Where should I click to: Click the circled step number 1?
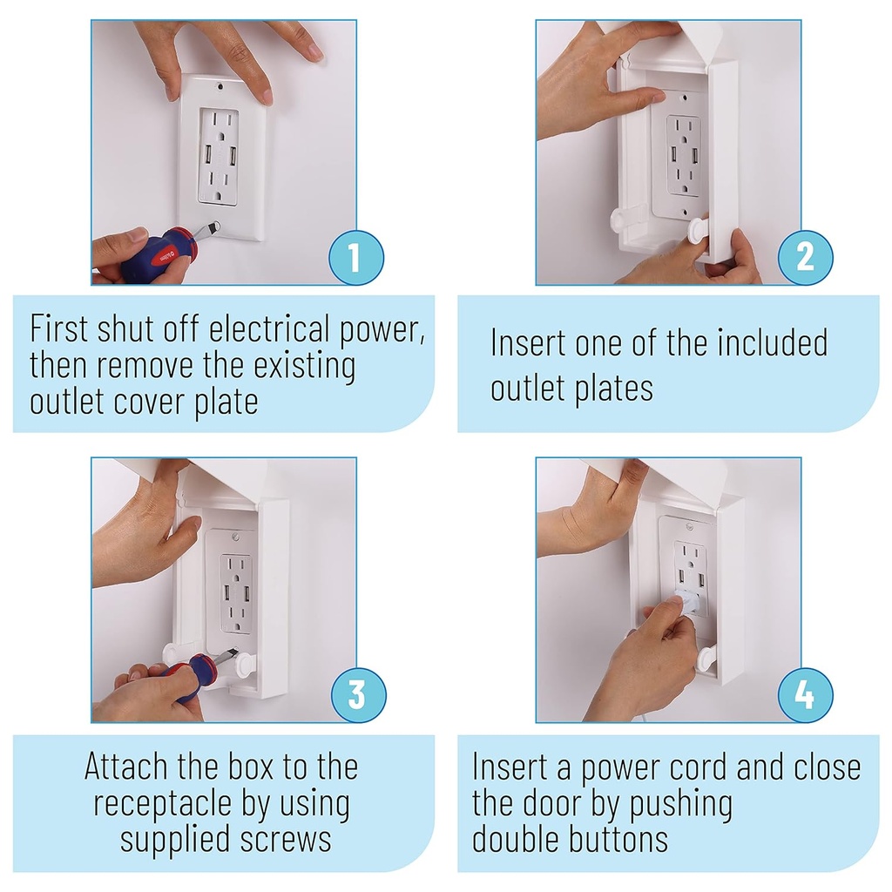pos(355,257)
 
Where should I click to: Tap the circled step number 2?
pos(805,257)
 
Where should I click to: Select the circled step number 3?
pos(356,695)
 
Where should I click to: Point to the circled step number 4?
pos(805,695)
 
